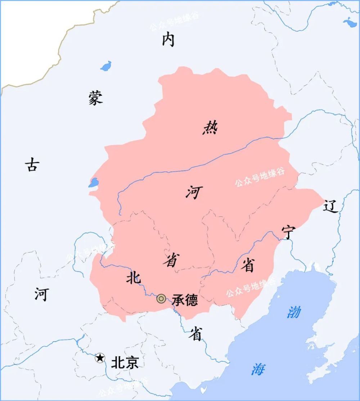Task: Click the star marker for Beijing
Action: pos(100,358)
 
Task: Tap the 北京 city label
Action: pos(125,362)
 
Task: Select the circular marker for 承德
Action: pos(161,298)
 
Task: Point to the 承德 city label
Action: pos(185,300)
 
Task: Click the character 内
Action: pos(168,39)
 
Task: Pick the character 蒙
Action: pos(96,98)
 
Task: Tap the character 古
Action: pos(32,165)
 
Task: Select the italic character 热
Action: pos(210,128)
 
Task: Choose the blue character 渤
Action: pos(293,312)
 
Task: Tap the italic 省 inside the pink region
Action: pos(171,260)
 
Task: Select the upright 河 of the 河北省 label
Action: pos(41,294)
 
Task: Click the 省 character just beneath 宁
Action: pos(247,265)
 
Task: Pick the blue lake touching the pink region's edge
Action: pos(93,183)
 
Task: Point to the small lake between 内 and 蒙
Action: pos(106,66)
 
